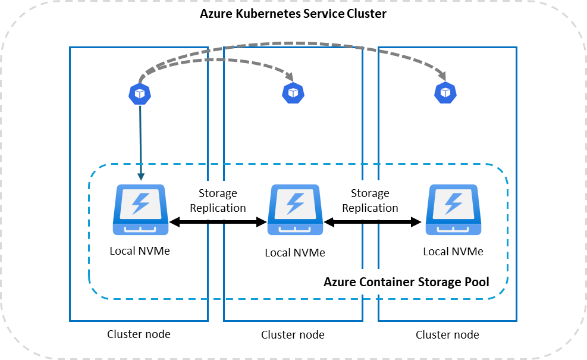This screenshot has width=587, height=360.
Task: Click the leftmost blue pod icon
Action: [x=140, y=93]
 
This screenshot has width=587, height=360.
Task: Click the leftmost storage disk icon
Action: [x=140, y=209]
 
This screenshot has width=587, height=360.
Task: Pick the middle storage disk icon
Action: [x=296, y=210]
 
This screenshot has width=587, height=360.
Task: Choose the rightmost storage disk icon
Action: [x=453, y=210]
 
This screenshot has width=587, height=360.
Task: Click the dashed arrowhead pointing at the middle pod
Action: [x=290, y=77]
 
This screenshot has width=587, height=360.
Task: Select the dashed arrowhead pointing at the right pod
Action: [x=442, y=75]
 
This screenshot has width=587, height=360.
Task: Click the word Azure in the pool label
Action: [x=340, y=282]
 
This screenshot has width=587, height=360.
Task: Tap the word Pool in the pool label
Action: [x=476, y=282]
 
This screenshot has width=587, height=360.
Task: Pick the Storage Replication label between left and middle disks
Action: [x=218, y=201]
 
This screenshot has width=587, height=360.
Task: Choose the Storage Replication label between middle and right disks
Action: [x=370, y=201]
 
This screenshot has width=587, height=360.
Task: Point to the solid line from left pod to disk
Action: [x=140, y=137]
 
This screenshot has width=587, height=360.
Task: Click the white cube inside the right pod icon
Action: [x=445, y=92]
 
